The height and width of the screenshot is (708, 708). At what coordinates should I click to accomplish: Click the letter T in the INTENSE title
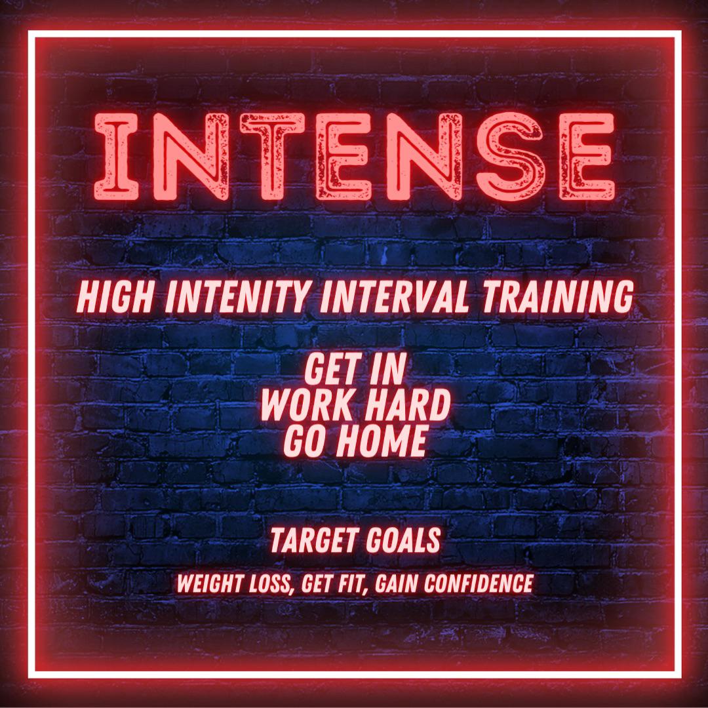click(x=272, y=156)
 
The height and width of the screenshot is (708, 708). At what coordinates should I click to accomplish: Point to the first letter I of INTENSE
click(x=116, y=156)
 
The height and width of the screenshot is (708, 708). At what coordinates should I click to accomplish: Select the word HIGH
click(x=115, y=297)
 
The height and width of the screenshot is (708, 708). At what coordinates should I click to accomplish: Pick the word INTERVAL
click(x=395, y=297)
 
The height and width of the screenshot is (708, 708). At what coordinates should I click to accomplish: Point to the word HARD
click(x=408, y=405)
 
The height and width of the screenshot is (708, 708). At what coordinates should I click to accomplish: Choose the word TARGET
click(x=313, y=541)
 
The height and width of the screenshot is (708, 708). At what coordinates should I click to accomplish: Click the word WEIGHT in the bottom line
click(x=210, y=583)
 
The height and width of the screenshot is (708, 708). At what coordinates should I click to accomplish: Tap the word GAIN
click(x=397, y=583)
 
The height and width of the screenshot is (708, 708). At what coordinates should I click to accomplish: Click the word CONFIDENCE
click(x=478, y=583)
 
